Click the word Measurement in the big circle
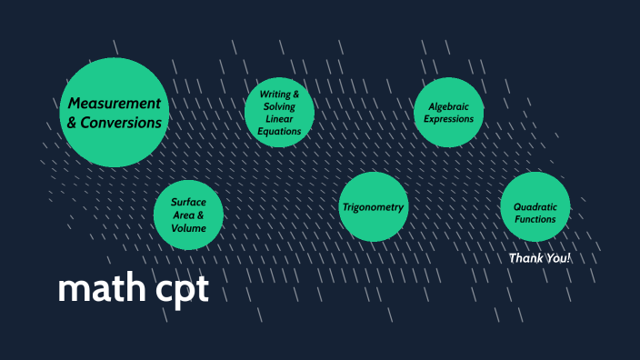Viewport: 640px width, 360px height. coord(115,103)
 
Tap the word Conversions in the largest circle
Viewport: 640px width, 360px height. coord(124,123)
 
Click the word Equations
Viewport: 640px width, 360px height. coord(279,133)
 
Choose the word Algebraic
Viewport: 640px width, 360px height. coord(447,106)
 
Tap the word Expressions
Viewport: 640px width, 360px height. coord(448,119)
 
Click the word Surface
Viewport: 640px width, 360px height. coord(189,202)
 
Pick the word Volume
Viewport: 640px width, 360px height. coord(189,228)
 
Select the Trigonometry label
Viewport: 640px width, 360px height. coord(373,207)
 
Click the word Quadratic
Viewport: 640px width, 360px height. coord(535,206)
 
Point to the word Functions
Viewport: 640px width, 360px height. coord(535,219)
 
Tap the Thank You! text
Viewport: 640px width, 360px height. coord(539,259)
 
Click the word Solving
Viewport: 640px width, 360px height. coord(279,108)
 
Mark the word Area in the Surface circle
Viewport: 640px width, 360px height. coord(185,215)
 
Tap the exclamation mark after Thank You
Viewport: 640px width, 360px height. coord(568,259)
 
